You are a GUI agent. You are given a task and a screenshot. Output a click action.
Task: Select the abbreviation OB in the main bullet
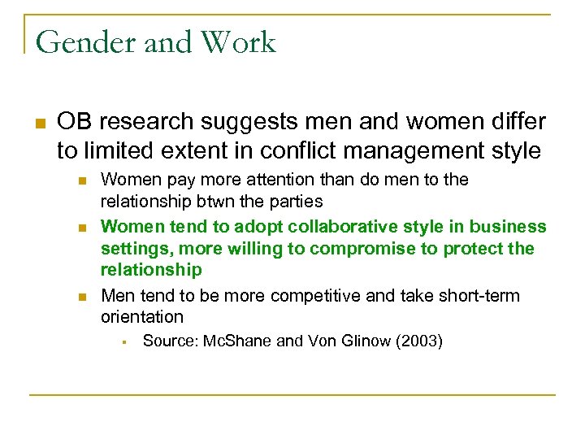(x=74, y=122)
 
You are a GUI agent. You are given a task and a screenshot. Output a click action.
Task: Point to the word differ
(x=517, y=122)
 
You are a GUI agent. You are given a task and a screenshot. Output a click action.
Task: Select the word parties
(x=297, y=200)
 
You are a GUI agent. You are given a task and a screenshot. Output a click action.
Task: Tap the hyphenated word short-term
(x=479, y=296)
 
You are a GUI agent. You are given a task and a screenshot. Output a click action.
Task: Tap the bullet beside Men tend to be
(x=81, y=297)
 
